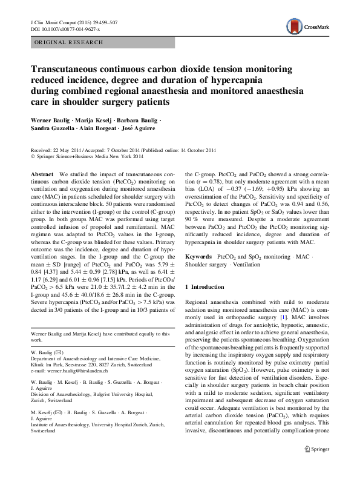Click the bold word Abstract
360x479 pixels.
[41, 174]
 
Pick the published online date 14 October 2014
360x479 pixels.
[192, 151]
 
